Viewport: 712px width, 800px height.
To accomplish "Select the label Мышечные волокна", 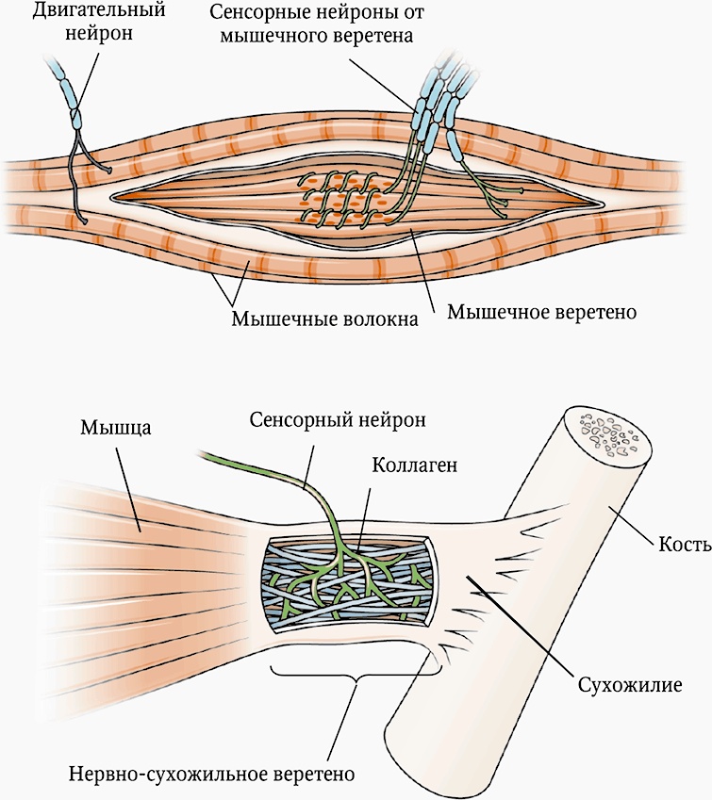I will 324,318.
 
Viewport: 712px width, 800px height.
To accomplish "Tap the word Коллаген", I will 415,466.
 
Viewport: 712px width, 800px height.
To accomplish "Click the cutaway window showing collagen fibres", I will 349,585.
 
